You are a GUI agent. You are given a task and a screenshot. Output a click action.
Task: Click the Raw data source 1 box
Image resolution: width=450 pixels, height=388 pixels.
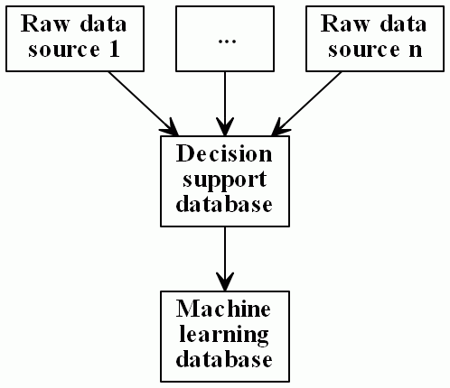[71, 38]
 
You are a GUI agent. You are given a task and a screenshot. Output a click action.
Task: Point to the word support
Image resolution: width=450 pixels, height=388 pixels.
[224, 179]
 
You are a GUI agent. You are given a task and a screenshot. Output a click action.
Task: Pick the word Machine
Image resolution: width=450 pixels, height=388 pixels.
[224, 309]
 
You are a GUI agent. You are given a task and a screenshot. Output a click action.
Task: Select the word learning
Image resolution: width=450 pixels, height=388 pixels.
[224, 336]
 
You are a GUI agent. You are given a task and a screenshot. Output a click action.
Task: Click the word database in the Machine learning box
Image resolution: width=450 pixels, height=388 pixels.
[224, 361]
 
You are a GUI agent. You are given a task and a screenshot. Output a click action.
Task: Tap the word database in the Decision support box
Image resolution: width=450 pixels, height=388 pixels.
[224, 204]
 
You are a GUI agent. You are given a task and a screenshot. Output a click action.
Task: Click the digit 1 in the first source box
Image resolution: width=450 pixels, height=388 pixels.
[114, 51]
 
